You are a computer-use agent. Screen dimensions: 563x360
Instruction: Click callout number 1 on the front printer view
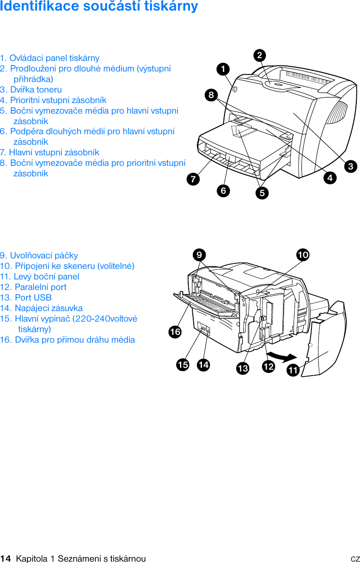pos(223,69)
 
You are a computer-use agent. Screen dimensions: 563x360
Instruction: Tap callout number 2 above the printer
pos(260,55)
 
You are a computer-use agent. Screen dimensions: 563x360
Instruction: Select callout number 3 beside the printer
pos(351,166)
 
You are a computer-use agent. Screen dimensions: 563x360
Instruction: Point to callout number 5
pos(262,193)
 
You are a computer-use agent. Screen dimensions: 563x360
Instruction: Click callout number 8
pos(211,95)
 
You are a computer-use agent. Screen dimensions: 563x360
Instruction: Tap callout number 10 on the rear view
pos(303,255)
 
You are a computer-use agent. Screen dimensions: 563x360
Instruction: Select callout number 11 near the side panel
pos(293,370)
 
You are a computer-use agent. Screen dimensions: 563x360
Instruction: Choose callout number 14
pos(203,365)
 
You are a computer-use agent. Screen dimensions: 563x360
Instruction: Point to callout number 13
pos(242,368)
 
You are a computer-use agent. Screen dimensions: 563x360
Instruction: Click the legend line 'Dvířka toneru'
pos(31,90)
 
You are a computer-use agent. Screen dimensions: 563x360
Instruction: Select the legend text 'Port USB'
pos(26,298)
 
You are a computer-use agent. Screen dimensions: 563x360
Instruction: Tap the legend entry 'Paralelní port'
pos(33,287)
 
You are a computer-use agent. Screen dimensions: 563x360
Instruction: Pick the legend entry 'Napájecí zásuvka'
pos(42,308)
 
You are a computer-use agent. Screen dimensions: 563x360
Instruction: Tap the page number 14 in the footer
pos(5,558)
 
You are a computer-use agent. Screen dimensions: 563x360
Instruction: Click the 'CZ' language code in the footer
pos(355,559)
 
